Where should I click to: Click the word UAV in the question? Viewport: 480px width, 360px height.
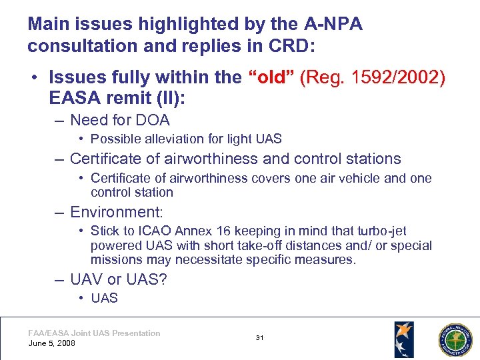pyautogui.click(x=87, y=279)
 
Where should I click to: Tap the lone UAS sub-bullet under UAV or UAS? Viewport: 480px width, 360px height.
pyautogui.click(x=104, y=298)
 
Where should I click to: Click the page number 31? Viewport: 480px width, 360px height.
pyautogui.click(x=259, y=338)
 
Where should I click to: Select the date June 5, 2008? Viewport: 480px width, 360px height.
pyautogui.click(x=52, y=343)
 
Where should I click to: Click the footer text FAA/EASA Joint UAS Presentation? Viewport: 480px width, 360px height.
pyautogui.click(x=94, y=333)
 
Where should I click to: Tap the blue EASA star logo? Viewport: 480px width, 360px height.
pyautogui.click(x=403, y=339)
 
